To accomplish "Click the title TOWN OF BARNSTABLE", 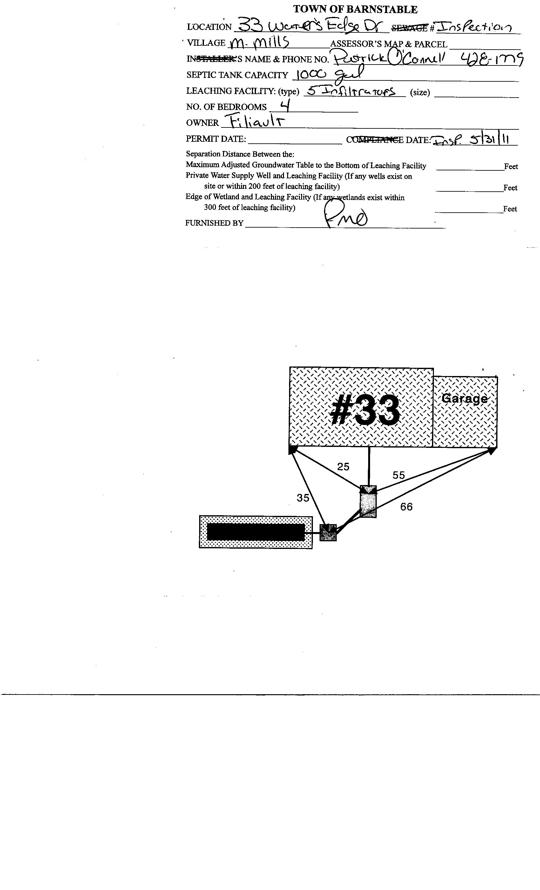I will coord(355,10).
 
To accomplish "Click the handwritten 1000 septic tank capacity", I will coord(311,75).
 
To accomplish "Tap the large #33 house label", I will coord(365,411).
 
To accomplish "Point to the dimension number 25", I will coord(343,467).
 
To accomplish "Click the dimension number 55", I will coord(399,475).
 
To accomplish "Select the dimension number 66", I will coord(406,507).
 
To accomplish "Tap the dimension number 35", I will coord(303,498).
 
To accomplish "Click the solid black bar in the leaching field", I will coord(256,532).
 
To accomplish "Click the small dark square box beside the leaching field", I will coord(328,532).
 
